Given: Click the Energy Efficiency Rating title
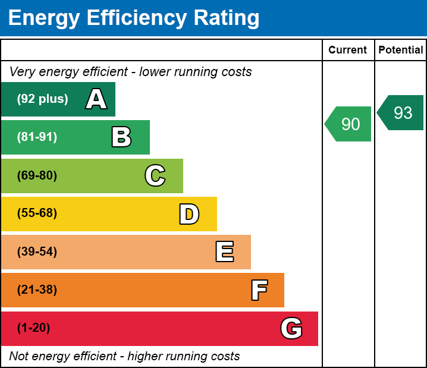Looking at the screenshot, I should [134, 18].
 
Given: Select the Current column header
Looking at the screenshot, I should [348, 50].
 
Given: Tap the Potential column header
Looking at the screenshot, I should [401, 50].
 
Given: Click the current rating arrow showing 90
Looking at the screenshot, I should [349, 124].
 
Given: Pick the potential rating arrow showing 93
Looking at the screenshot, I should [401, 112].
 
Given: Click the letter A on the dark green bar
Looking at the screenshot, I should [96, 99].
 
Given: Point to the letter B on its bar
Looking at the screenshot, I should [121, 137].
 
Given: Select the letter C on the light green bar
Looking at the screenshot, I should [155, 176].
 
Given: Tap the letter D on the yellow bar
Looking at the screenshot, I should [189, 214].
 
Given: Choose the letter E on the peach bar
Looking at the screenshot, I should [224, 252].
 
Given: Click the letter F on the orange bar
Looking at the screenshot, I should [259, 291].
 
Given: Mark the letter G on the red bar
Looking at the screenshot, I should [291, 328].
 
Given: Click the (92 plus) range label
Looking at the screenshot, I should [42, 99].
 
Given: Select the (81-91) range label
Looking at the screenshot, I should [37, 137].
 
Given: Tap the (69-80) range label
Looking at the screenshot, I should [37, 176].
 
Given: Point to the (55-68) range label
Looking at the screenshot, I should [37, 213].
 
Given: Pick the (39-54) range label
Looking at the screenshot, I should [37, 252].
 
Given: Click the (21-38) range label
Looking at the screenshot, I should [37, 290].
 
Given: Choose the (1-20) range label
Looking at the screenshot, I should [34, 328].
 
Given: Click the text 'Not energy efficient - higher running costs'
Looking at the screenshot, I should [125, 357].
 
